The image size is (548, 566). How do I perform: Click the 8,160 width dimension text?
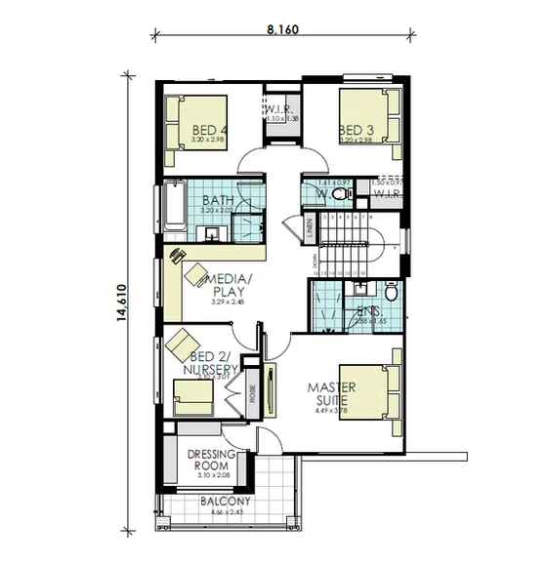pos(282,28)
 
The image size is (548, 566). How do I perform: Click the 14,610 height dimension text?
pos(121,302)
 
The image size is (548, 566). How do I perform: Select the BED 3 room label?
pos(356,130)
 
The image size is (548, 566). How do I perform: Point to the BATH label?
pos(217,200)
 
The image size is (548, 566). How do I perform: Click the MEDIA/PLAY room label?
pos(230,285)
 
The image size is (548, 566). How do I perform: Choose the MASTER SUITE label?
pos(332,393)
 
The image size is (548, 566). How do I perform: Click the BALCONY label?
pos(226,502)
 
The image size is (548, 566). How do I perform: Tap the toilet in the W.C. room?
pos(339,194)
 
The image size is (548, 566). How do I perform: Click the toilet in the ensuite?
pos(391,291)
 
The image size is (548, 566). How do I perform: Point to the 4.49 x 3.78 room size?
pos(332,411)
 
